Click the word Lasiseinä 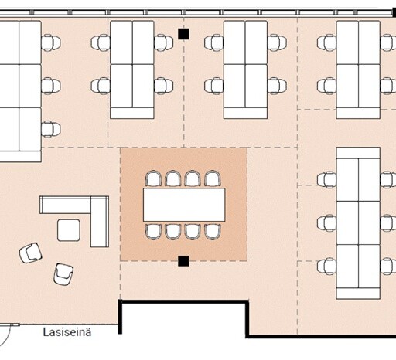coord(67,332)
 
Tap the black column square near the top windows coord(183,34)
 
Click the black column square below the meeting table coord(183,261)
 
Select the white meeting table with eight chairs coord(184,205)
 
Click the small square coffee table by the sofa coord(69,230)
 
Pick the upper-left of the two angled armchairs coord(31,253)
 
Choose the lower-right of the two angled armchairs coord(63,274)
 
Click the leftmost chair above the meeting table coord(153,178)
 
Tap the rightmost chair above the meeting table coord(213,178)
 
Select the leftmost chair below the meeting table coord(153,232)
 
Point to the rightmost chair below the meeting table coord(213,232)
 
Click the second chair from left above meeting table coord(173,178)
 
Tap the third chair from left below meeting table coord(193,232)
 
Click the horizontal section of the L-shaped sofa coord(66,205)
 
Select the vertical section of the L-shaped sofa coord(100,222)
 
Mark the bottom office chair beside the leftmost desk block coord(51,129)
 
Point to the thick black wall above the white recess coord(183,302)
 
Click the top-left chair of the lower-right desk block coord(326,180)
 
